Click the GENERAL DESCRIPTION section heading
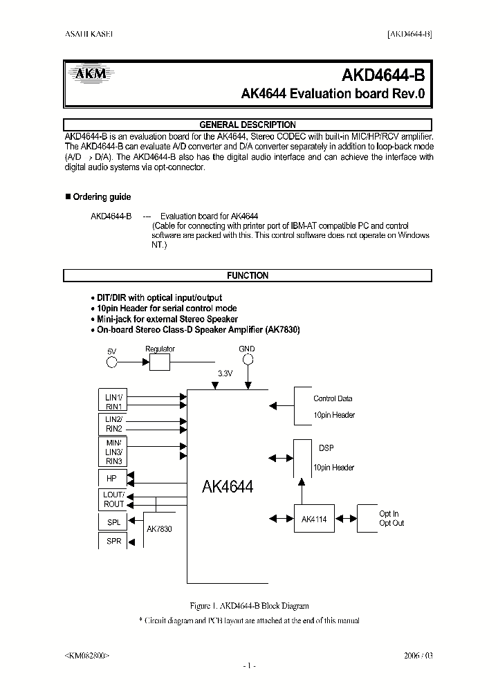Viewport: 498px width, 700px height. point(247,125)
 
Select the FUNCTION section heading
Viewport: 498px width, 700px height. point(248,275)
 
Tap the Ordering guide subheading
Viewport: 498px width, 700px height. point(102,197)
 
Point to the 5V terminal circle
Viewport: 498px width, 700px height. point(111,362)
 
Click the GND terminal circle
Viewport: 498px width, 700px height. point(247,362)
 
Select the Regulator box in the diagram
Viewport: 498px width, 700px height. point(160,362)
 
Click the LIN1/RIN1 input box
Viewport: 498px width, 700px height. point(113,402)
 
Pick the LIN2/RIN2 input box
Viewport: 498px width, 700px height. point(113,424)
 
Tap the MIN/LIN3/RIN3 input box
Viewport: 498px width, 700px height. point(113,452)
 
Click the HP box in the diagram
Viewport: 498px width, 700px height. point(111,478)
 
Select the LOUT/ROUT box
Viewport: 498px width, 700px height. point(113,499)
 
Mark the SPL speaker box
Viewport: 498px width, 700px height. point(113,522)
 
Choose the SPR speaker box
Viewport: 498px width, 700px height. point(113,542)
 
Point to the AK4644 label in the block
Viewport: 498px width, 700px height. point(228,487)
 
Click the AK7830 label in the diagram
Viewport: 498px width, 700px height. point(159,529)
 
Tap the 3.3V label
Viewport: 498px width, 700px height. point(225,374)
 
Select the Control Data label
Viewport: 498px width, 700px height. point(333,399)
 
